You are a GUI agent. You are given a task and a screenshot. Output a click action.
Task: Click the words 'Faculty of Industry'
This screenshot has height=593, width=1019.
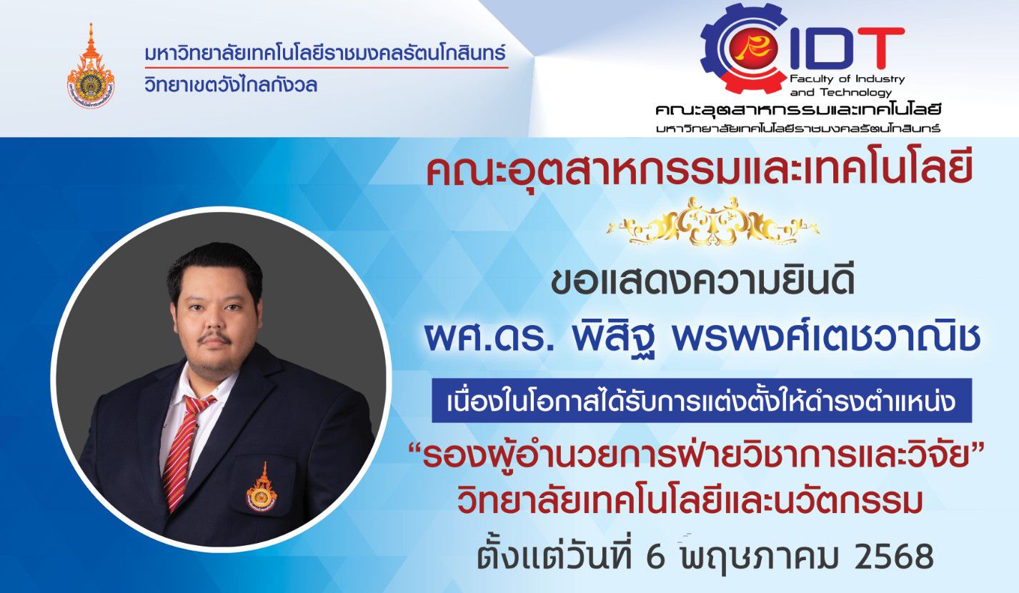click(847, 79)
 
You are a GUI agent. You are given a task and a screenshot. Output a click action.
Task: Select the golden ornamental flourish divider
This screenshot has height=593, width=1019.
click(713, 221)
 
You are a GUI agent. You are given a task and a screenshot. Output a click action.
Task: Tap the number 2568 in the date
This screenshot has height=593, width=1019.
click(895, 557)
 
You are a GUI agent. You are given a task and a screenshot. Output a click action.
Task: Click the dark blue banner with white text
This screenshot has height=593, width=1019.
click(702, 401)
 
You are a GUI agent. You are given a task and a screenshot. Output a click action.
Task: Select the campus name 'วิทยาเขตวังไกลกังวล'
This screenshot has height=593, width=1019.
click(231, 84)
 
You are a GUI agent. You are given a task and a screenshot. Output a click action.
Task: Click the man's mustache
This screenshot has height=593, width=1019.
click(216, 339)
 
